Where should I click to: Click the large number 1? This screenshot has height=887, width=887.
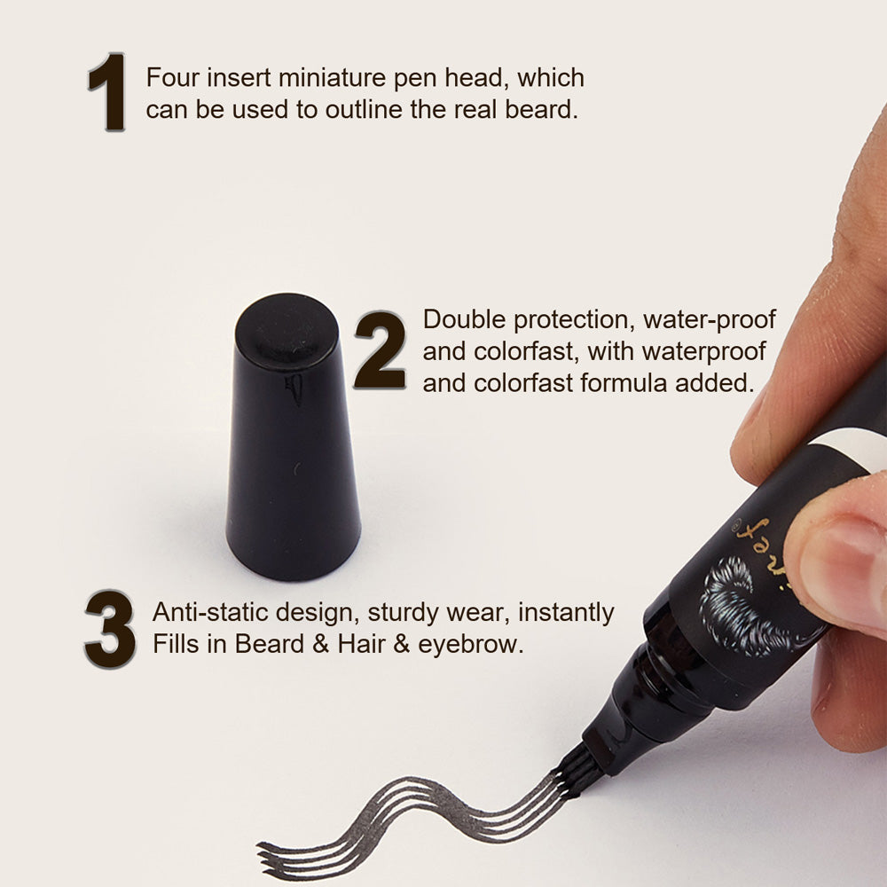point(107,92)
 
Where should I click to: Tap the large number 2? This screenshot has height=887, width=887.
point(381,349)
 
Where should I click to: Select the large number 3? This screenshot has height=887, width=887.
point(110,629)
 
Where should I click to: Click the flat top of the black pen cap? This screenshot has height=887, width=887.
point(287,330)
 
